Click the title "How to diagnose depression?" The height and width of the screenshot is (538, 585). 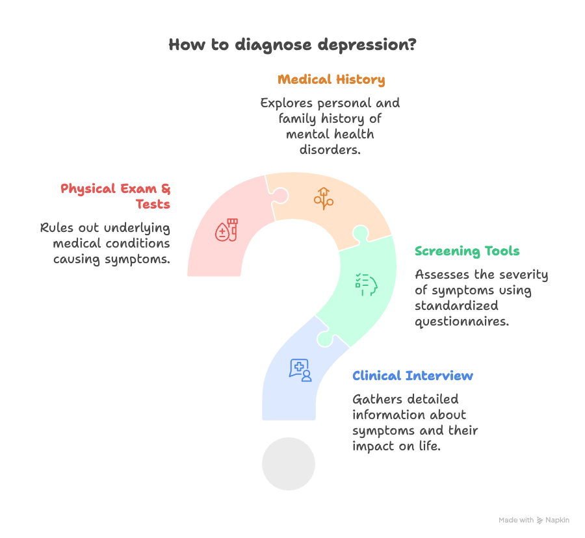pos(292,45)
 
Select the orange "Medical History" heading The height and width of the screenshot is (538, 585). pos(331,80)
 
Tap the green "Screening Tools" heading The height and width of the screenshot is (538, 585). pos(467,251)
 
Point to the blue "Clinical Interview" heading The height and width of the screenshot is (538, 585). pos(413,376)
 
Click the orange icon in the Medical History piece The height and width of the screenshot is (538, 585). pos(323,198)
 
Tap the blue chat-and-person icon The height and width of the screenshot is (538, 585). pos(300,369)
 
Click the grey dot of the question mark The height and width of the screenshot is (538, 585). pos(289,464)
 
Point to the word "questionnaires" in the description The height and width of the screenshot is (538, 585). pos(461,322)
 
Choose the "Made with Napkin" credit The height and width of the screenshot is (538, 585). pos(534,520)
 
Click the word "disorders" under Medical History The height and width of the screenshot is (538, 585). pos(330,150)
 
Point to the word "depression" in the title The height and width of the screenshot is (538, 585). pos(364,45)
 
